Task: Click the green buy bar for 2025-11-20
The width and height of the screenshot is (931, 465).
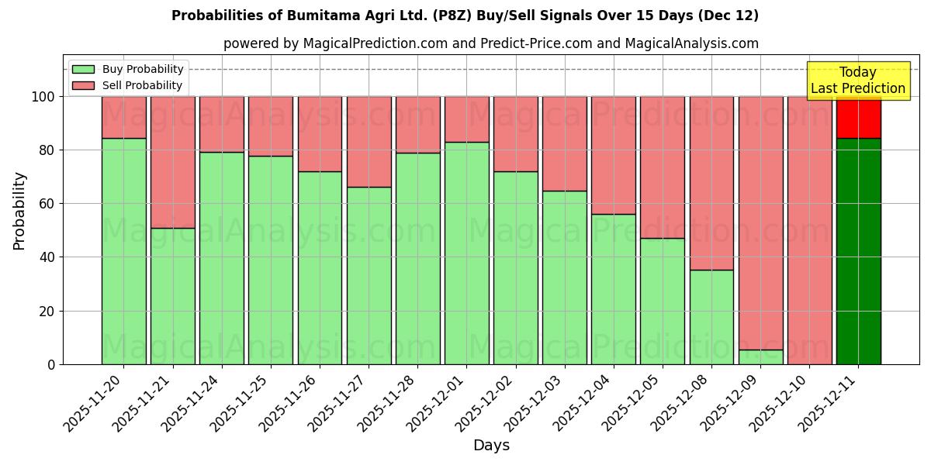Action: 123,251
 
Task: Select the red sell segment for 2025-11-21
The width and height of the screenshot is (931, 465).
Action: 172,162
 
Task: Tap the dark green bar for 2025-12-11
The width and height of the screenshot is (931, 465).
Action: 858,251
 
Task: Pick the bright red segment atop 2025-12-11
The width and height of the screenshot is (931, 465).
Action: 858,117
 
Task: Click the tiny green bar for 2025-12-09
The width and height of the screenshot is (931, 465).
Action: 760,357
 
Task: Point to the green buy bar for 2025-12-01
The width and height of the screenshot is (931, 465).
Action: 466,253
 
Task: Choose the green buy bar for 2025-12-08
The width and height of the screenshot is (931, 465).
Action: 711,317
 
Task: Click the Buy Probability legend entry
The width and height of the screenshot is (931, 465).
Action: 127,69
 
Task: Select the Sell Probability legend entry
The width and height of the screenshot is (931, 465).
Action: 127,85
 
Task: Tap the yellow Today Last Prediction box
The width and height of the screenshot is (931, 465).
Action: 858,81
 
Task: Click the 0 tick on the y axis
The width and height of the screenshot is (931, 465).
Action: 51,364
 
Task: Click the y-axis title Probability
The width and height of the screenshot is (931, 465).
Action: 19,210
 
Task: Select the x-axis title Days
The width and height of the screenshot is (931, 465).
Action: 491,446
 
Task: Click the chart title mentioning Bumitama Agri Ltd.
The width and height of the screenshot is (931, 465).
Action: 465,15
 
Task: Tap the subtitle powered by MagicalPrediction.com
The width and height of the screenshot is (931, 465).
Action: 490,43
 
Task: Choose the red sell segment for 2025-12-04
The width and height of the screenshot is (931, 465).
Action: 613,155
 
